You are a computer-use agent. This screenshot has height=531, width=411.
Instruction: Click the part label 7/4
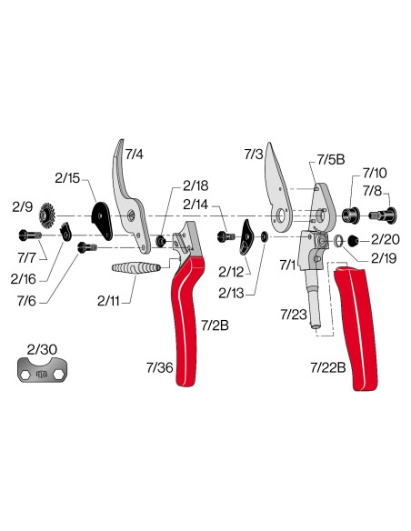pos(135,155)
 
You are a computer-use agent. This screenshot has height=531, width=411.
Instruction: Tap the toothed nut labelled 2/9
pos(47,215)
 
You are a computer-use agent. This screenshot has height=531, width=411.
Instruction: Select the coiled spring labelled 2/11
pos(135,268)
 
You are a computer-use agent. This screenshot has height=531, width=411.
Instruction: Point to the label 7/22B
pos(328,367)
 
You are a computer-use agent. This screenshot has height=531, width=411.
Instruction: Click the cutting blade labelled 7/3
pos(278,188)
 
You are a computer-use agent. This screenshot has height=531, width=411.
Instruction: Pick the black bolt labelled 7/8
pos(383,215)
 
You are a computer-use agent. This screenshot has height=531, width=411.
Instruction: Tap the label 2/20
pos(386,239)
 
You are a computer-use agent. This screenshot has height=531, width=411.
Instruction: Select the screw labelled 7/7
pos(30,235)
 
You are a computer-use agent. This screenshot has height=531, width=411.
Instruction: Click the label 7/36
pos(160,367)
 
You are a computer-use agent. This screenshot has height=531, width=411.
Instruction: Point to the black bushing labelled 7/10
pos(350,215)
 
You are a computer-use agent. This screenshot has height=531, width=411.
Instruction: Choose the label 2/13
pos(231,294)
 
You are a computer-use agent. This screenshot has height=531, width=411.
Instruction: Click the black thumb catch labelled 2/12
pos(247,237)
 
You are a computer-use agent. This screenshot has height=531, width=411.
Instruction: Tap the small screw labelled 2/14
pos(226,236)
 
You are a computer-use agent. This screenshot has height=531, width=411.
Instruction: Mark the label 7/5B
pos(331,159)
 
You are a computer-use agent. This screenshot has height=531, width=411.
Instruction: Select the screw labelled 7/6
pos(87,247)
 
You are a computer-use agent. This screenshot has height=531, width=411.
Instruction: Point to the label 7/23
pos(293,315)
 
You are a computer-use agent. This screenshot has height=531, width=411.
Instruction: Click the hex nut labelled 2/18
pos(161,241)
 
